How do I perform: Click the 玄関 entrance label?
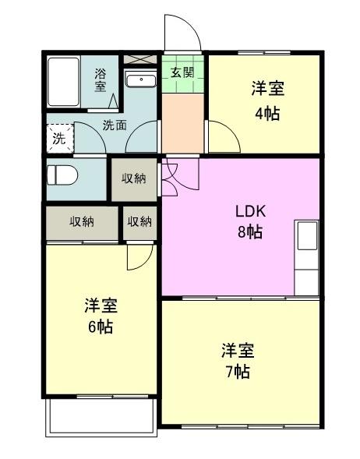click(x=182, y=72)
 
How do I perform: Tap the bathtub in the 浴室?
click(x=64, y=82)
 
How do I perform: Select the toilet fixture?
click(x=62, y=175)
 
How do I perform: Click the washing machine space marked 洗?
click(x=60, y=139)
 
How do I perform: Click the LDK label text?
click(x=251, y=211)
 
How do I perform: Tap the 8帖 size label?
click(x=249, y=232)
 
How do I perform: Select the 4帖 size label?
click(x=267, y=114)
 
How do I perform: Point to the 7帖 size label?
click(x=238, y=372)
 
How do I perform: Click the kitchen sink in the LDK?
click(x=307, y=235)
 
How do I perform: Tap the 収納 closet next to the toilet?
click(x=134, y=179)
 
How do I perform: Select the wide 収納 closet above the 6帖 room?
click(x=83, y=223)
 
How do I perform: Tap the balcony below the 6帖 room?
click(x=101, y=417)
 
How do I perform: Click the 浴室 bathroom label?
click(x=100, y=80)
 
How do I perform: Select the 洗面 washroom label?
click(x=115, y=125)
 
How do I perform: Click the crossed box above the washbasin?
click(x=140, y=59)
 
